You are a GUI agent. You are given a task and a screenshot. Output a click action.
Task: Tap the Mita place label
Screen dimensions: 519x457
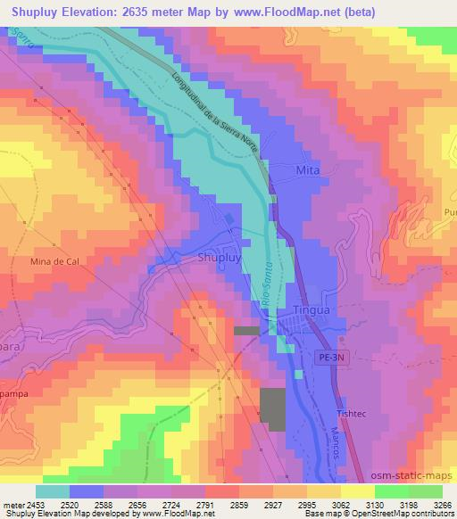tap(307, 169)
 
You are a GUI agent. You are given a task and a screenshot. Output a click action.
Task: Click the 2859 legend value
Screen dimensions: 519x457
tap(239, 506)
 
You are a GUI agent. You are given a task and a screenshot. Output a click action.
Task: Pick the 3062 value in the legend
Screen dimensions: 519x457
tap(340, 506)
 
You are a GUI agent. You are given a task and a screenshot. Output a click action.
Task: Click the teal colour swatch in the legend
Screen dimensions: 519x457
tap(53, 491)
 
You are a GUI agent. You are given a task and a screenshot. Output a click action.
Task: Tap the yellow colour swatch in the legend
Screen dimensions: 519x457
tap(358, 491)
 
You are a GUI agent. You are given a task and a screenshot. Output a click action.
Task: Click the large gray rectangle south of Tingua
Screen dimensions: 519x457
tap(275, 410)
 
